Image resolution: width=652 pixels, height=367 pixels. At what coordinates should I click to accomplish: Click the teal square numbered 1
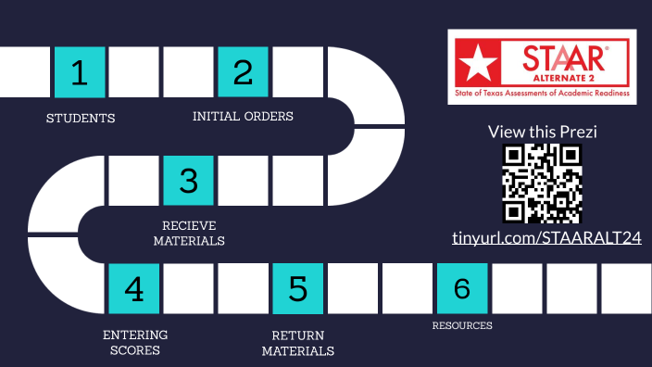pos(80,71)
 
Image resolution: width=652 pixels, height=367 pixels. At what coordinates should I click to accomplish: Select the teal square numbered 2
pos(243,71)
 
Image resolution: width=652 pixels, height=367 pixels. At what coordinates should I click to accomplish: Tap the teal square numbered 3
pos(189,180)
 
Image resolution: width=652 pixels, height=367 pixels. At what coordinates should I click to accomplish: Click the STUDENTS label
pos(81,119)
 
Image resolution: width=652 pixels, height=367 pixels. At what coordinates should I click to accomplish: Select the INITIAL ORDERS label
pos(243,117)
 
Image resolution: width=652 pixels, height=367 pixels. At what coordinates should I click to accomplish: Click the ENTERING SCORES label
pos(134,342)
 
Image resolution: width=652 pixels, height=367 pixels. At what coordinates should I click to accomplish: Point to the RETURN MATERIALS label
pos(297,343)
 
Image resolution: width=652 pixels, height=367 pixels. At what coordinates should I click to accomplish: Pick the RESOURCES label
pos(462,325)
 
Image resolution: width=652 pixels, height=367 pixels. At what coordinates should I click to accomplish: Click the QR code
pos(542,183)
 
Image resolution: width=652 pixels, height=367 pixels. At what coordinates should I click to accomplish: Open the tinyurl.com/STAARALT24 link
pos(546,238)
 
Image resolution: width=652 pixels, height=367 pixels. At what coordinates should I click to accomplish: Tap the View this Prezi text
pos(542,132)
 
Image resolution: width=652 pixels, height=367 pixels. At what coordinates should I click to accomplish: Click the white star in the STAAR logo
pos(478,64)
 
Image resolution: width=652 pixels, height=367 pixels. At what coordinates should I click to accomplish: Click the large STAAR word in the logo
pos(563,57)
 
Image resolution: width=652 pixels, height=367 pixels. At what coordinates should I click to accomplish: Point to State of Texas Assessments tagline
pos(542,95)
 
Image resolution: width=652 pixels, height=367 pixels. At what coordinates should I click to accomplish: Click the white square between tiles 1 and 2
pos(134,71)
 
